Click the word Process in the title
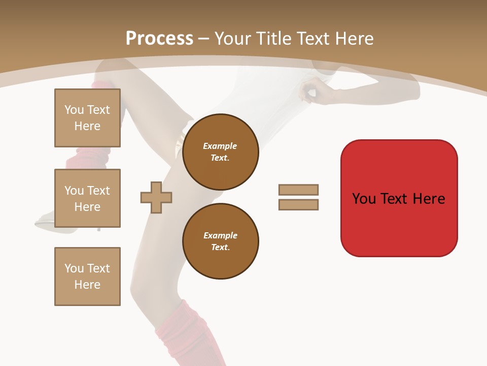pos(159,38)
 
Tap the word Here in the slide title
pos(354,38)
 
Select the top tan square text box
pos(87,118)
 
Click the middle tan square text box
pos(87,198)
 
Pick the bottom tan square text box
pos(87,277)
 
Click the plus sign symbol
pos(156,197)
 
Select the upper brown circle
pos(220,152)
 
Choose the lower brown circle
pos(220,241)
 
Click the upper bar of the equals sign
pos(298,190)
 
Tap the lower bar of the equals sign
pos(298,205)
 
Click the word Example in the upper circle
pos(220,146)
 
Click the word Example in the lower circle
pos(220,235)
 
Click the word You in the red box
pos(363,199)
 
